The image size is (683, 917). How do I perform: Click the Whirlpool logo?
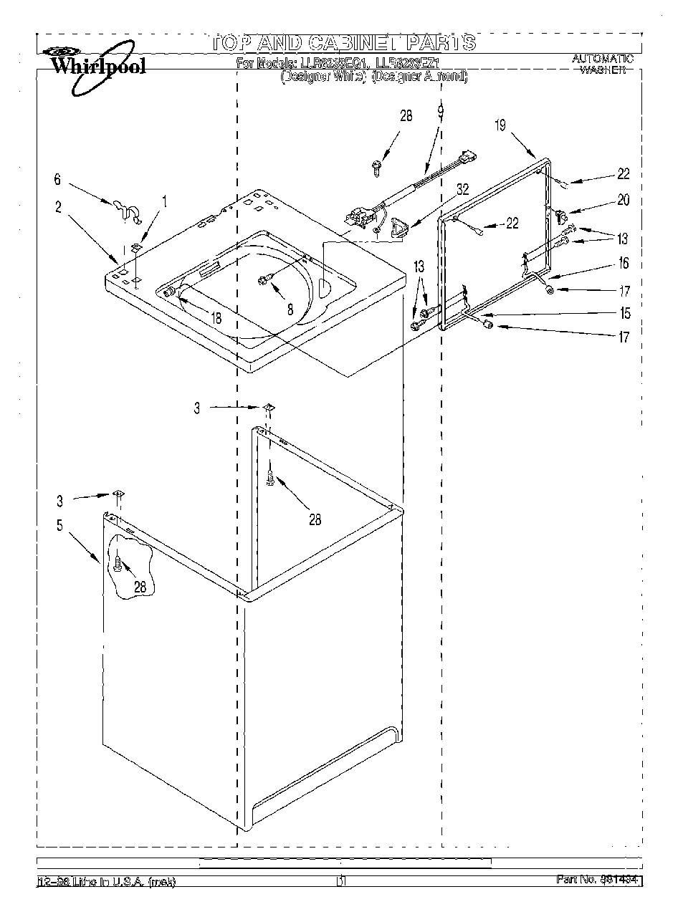click(x=95, y=65)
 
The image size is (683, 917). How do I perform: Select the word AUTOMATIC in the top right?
click(x=602, y=58)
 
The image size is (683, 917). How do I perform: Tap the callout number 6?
click(x=58, y=181)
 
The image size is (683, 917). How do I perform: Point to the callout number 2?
click(x=58, y=208)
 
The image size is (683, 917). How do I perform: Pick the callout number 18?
click(x=215, y=317)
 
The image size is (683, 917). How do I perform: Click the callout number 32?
click(x=462, y=189)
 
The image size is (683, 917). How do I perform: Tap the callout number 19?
click(x=500, y=125)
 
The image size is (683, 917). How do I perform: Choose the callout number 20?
click(x=624, y=201)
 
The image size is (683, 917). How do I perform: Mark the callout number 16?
click(x=624, y=264)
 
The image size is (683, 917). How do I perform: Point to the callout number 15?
click(x=625, y=313)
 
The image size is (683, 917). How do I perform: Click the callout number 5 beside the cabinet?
click(x=59, y=526)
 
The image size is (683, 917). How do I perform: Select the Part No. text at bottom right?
click(x=598, y=880)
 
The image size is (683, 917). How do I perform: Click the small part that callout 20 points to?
click(x=560, y=213)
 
